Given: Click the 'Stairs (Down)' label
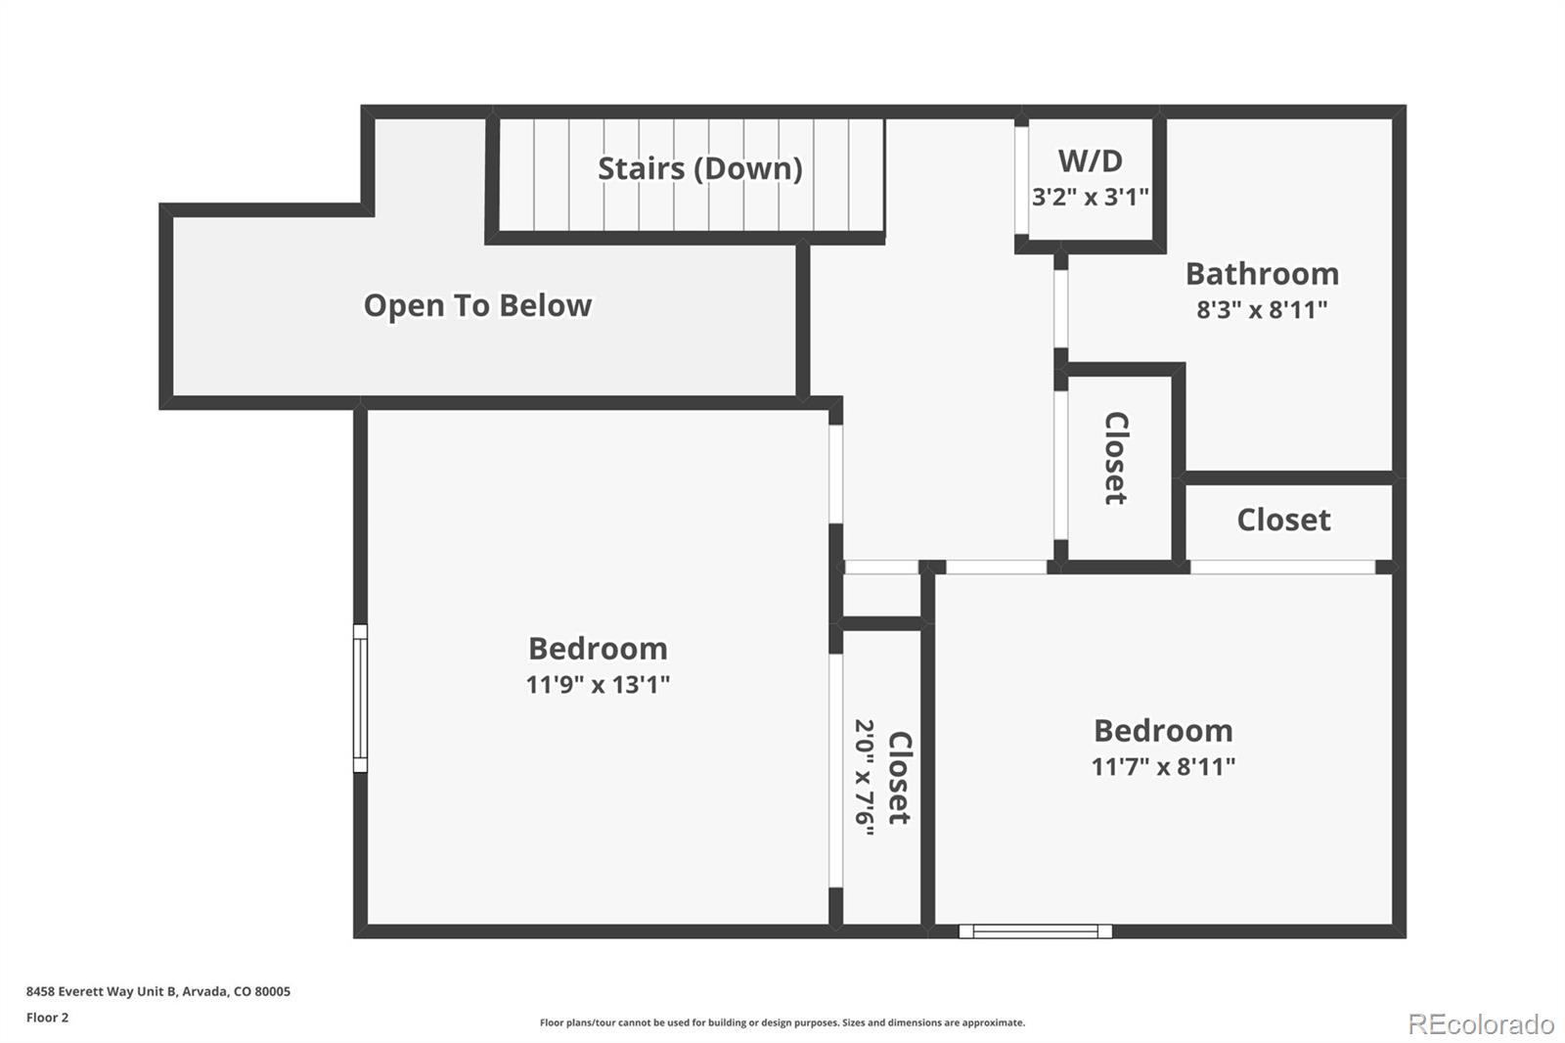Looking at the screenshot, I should pyautogui.click(x=699, y=168).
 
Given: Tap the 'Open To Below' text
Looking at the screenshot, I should pyautogui.click(x=477, y=305).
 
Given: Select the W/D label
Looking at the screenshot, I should pyautogui.click(x=1090, y=160).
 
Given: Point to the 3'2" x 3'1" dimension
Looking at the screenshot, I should pyautogui.click(x=1090, y=197).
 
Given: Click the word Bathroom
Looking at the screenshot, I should pyautogui.click(x=1262, y=273).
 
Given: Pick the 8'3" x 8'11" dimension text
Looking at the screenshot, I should pyautogui.click(x=1262, y=309).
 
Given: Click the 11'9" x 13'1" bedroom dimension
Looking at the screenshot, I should pyautogui.click(x=598, y=684).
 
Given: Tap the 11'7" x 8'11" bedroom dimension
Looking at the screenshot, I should pyautogui.click(x=1163, y=766).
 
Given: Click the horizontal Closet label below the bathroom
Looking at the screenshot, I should pyautogui.click(x=1283, y=520).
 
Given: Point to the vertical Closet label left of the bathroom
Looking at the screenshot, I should pyautogui.click(x=1116, y=458).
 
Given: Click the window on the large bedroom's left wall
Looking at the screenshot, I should pyautogui.click(x=360, y=698).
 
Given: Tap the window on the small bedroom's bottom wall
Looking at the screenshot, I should pyautogui.click(x=1035, y=931).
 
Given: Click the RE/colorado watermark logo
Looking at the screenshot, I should pyautogui.click(x=1480, y=1023).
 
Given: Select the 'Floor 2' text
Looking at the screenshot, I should pyautogui.click(x=47, y=1018).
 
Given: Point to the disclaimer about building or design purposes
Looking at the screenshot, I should pyautogui.click(x=782, y=1022).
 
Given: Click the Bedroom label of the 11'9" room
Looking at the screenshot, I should pyautogui.click(x=598, y=649).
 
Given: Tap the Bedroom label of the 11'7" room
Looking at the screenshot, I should pyautogui.click(x=1163, y=731).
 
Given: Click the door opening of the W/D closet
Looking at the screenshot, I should pyautogui.click(x=1021, y=180).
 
